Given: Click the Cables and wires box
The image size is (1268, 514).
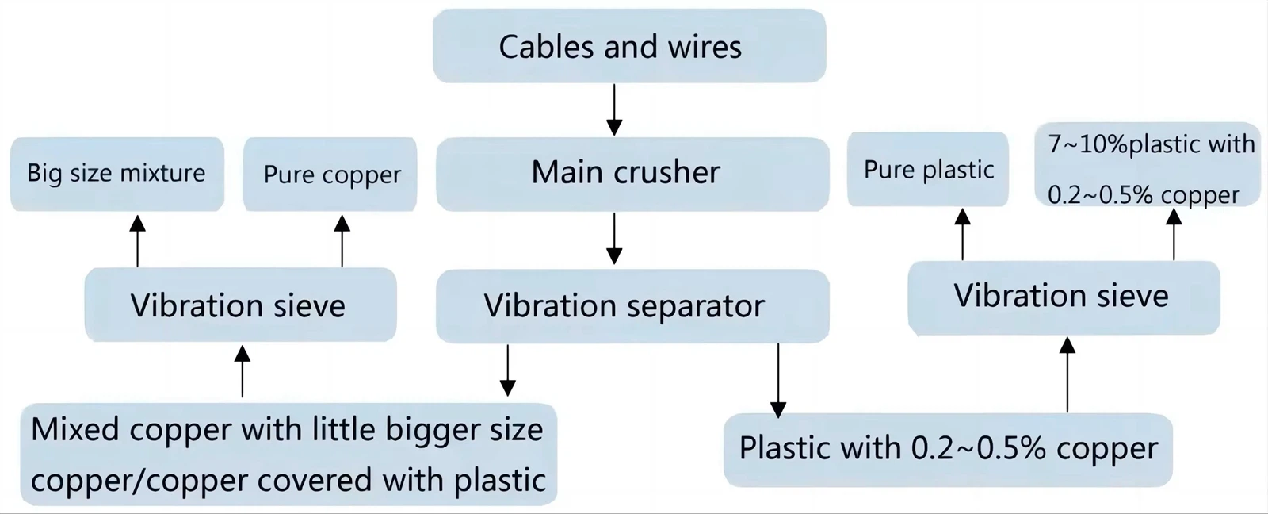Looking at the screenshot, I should click(629, 46).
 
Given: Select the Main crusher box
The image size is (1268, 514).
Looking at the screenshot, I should click(632, 174).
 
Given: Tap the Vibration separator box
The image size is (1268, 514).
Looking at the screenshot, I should click(632, 306).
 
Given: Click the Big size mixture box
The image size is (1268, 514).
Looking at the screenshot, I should click(116, 174).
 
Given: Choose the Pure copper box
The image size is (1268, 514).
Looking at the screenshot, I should click(330, 175).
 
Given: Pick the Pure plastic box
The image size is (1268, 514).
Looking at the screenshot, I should click(927, 170).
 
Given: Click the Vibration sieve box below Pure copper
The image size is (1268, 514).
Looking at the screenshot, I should click(239, 305).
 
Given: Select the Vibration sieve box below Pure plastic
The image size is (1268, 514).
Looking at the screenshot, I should click(1062, 297).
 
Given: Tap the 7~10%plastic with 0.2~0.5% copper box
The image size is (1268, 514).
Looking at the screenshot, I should click(1147, 166).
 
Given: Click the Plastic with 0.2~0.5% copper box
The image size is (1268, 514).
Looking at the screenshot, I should click(947, 449).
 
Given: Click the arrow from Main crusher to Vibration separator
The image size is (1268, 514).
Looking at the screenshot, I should click(614, 238).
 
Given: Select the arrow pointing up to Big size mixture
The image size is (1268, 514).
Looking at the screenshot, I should click(137, 240).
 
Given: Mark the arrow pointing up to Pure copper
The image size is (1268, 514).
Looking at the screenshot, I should click(342, 240).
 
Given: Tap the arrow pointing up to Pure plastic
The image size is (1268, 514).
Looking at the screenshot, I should click(962, 234).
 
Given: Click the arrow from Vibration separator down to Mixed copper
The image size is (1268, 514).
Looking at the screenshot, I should click(508, 370).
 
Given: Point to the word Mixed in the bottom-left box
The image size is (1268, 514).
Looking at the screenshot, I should click(76, 429).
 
